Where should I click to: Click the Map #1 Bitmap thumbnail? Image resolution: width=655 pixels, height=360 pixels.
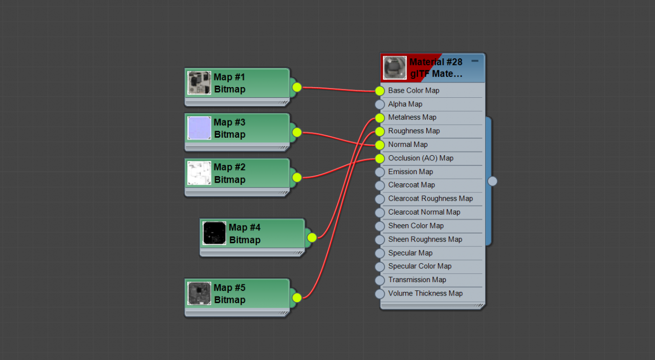point(199,83)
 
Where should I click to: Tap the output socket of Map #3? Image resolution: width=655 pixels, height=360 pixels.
point(297,132)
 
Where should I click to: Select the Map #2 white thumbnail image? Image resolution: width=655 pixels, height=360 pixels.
point(199,173)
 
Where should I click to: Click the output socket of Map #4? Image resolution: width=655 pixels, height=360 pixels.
point(312,238)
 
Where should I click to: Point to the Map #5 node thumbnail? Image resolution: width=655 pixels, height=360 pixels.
point(199,293)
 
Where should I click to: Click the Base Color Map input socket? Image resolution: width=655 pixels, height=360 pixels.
point(380,91)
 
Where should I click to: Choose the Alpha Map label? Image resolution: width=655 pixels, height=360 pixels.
point(405,104)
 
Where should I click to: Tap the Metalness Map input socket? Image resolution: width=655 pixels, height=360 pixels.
point(380,118)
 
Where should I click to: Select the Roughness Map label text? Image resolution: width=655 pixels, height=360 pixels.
point(414,131)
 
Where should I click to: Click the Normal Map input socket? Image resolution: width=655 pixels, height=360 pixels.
point(380,144)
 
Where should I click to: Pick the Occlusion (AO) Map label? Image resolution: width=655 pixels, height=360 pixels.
point(421,158)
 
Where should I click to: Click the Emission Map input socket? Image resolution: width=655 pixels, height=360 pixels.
point(380,172)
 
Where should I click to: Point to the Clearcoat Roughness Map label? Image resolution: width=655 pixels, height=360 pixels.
point(430,199)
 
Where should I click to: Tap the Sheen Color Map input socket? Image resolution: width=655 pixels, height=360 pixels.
point(380,226)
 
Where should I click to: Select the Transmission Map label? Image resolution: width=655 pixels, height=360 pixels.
point(417,280)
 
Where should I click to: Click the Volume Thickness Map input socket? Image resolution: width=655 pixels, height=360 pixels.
point(380,293)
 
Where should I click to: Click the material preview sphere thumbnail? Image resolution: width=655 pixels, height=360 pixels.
point(395,68)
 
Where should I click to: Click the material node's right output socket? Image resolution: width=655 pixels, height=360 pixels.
point(492,181)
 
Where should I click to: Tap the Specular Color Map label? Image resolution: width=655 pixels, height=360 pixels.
point(420,266)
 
